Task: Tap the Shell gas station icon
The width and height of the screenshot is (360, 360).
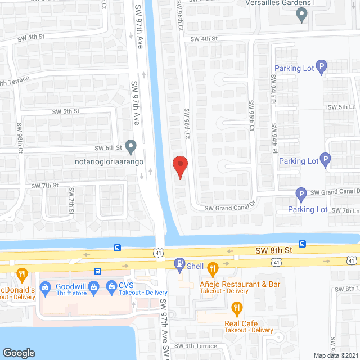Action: coord(180,263)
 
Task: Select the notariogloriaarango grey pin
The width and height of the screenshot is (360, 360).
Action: coord(130,147)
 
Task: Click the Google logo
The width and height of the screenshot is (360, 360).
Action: coord(19,353)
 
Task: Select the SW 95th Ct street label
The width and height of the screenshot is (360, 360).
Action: coord(252,116)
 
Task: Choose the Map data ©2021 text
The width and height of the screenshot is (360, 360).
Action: coord(335,355)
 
